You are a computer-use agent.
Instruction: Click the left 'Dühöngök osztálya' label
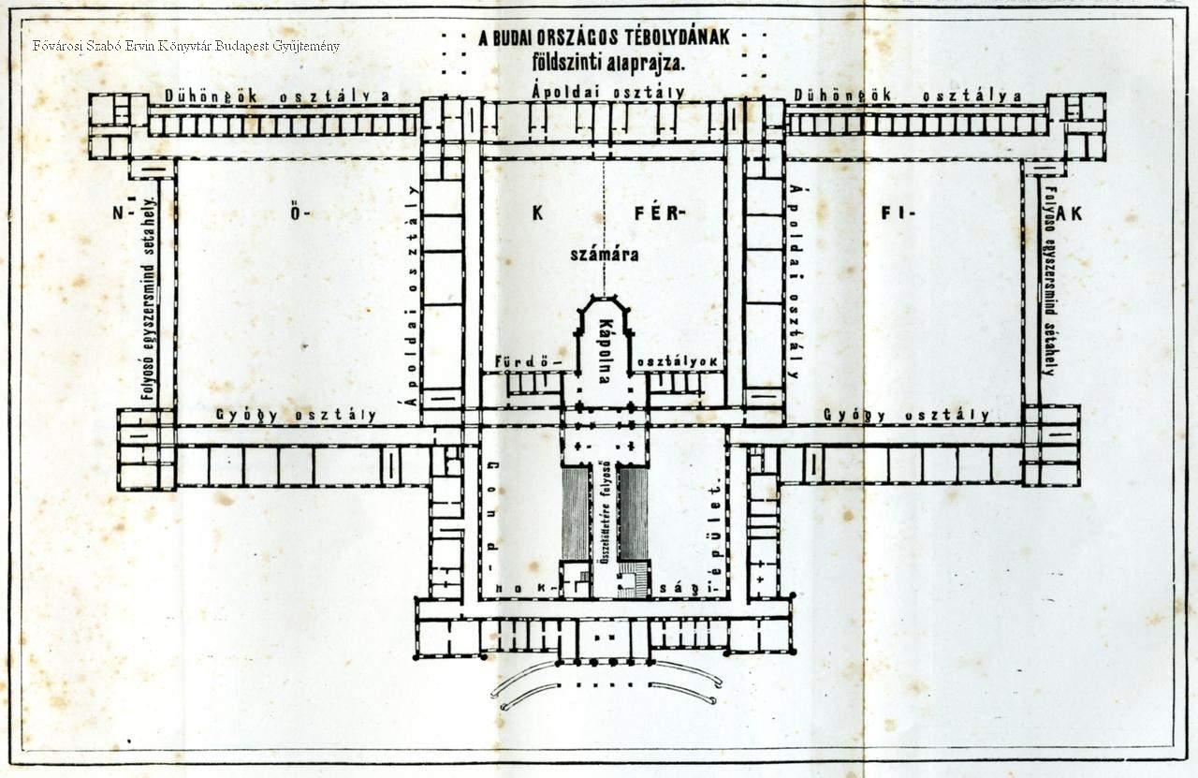277,95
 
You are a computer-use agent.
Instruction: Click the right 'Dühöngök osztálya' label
907,95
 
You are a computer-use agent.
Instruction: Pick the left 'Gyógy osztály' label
296,415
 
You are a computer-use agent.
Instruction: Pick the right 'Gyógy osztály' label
906,415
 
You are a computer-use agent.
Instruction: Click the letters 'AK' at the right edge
1071,213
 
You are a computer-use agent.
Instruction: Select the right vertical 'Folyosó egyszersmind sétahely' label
1049,281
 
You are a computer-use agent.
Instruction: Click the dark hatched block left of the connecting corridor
576,513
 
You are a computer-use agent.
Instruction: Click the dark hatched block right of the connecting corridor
634,513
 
